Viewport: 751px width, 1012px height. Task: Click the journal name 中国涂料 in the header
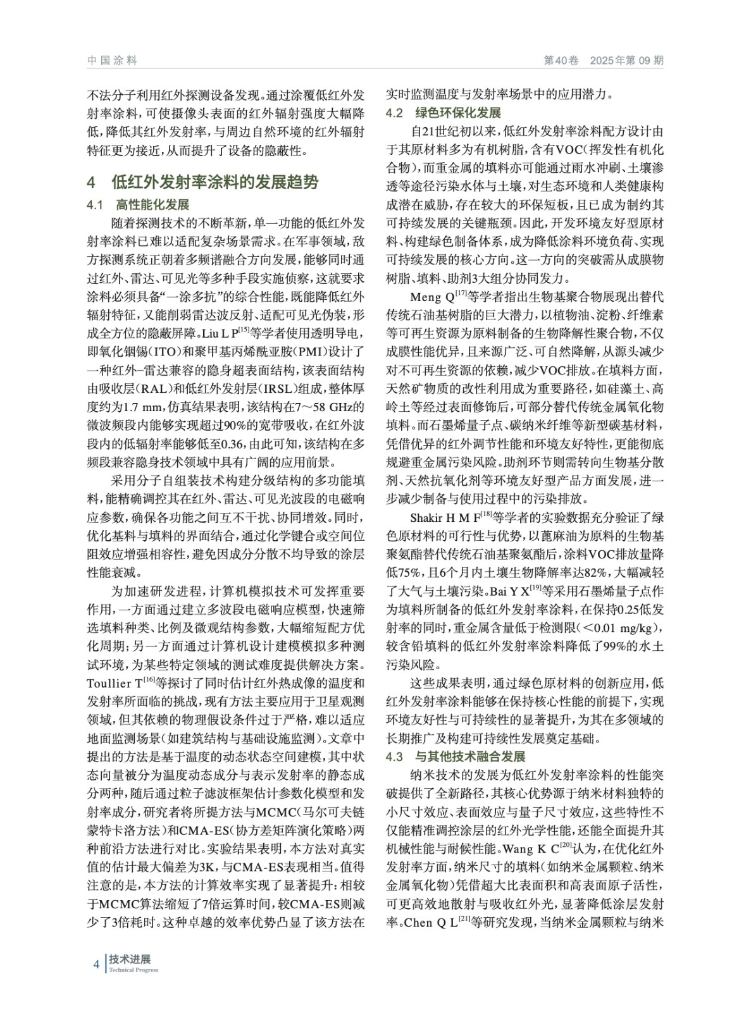click(x=112, y=61)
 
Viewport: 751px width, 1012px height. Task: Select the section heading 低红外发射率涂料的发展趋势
click(x=215, y=183)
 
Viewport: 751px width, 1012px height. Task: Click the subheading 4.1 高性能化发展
click(x=137, y=205)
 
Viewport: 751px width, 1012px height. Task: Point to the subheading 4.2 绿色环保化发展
click(x=443, y=113)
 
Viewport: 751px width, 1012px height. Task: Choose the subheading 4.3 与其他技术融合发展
click(x=456, y=757)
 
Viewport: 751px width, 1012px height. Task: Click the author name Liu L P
click(x=218, y=333)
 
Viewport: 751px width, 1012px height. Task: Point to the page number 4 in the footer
click(x=96, y=964)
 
